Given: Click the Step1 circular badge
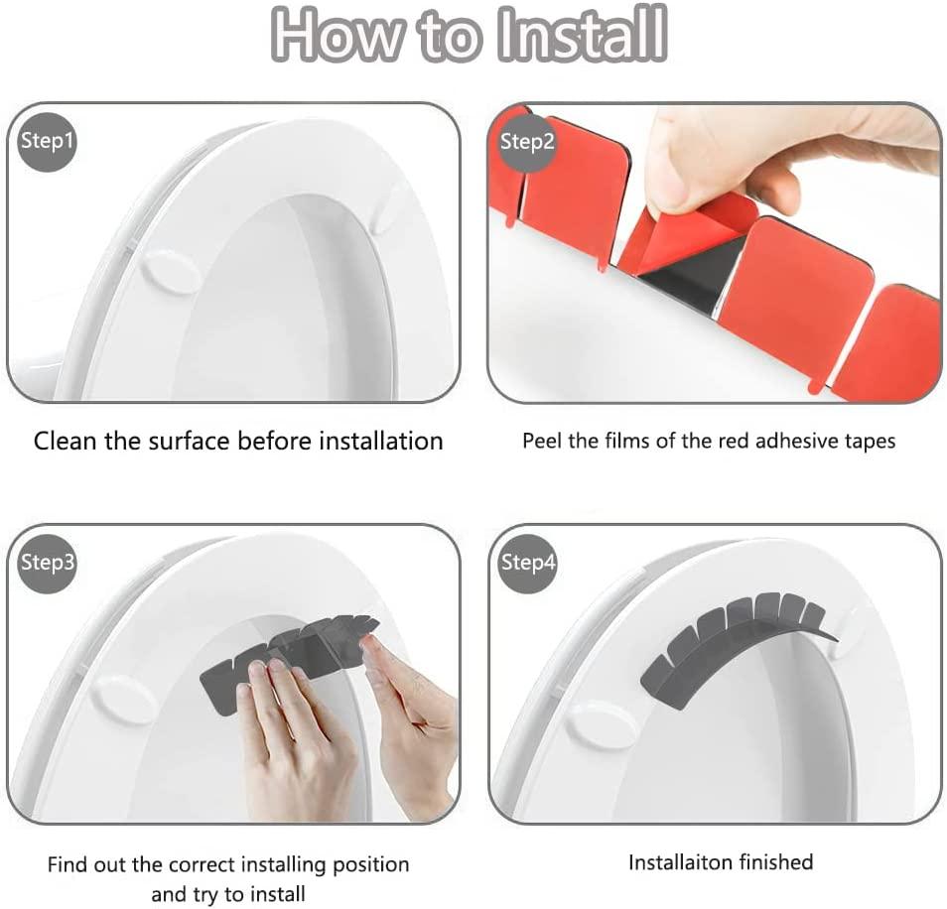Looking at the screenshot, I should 48,141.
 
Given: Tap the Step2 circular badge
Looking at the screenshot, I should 527,141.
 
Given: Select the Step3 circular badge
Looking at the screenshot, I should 48,563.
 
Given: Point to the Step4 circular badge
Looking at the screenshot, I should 527,563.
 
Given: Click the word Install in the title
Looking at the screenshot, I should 583,36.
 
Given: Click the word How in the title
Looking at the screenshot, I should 337,36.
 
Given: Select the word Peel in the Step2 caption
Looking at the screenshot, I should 542,441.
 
